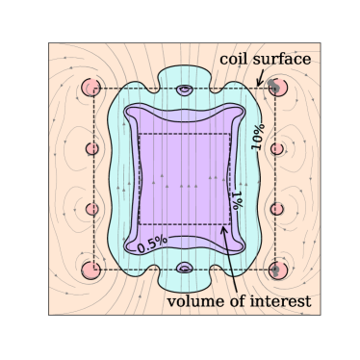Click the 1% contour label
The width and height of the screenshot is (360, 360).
[x=234, y=201]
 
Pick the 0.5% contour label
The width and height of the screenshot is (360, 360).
[x=152, y=244]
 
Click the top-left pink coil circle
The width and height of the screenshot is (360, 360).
[x=92, y=88]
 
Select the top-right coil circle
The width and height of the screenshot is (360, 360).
[x=277, y=88]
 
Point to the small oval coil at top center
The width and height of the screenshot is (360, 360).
[x=185, y=91]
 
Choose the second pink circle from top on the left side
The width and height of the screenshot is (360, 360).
[x=93, y=148]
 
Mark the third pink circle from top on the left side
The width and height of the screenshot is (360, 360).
[x=93, y=209]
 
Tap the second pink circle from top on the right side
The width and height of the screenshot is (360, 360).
[x=278, y=148]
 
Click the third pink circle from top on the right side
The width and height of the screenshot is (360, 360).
[x=278, y=209]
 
